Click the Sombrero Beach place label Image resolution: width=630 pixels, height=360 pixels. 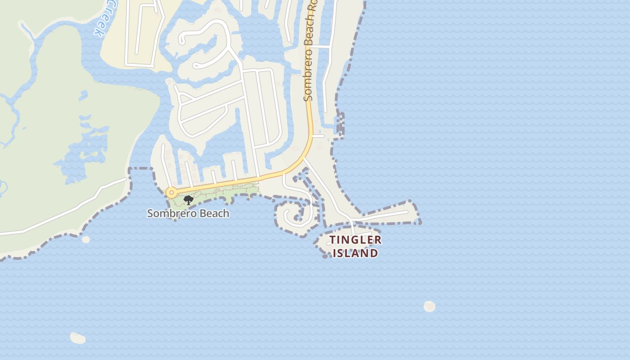tap(188, 213)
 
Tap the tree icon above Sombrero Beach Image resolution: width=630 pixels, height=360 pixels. tap(189, 200)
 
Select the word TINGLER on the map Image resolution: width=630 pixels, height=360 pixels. tap(355, 240)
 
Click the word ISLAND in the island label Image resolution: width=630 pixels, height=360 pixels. tap(355, 253)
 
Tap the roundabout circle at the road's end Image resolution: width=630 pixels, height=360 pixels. tap(171, 193)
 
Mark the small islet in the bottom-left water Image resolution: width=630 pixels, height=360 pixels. tap(78, 337)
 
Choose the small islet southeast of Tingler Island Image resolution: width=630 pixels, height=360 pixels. tap(429, 306)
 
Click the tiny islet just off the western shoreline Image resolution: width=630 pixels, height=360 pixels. tap(85, 239)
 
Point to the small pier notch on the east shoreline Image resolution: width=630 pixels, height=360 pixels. tap(340, 124)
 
